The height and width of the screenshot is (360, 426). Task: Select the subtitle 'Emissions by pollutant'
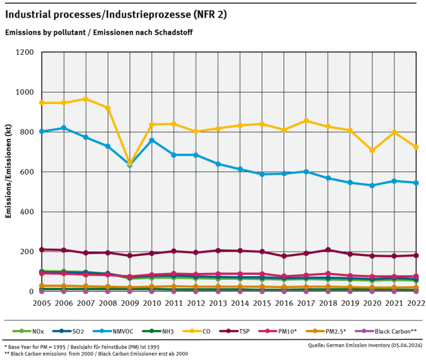click(44, 32)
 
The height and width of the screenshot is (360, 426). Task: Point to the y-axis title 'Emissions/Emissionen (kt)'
click(9, 171)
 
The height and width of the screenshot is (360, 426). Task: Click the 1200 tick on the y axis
click(25, 52)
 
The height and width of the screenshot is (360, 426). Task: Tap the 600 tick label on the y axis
click(27, 172)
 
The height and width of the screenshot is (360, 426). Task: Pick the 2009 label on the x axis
click(130, 303)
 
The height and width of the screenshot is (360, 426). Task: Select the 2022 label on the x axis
click(416, 303)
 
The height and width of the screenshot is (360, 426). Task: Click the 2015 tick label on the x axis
click(262, 303)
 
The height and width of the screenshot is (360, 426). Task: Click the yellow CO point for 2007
click(85, 99)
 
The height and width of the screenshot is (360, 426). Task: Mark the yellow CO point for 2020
click(372, 150)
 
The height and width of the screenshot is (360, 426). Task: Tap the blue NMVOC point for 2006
click(63, 128)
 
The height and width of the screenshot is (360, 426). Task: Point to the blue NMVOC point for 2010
click(152, 140)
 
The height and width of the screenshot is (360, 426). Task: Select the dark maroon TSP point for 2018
click(328, 250)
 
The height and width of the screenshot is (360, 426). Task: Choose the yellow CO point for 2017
click(306, 120)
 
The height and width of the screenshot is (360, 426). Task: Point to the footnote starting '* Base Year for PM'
click(79, 345)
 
